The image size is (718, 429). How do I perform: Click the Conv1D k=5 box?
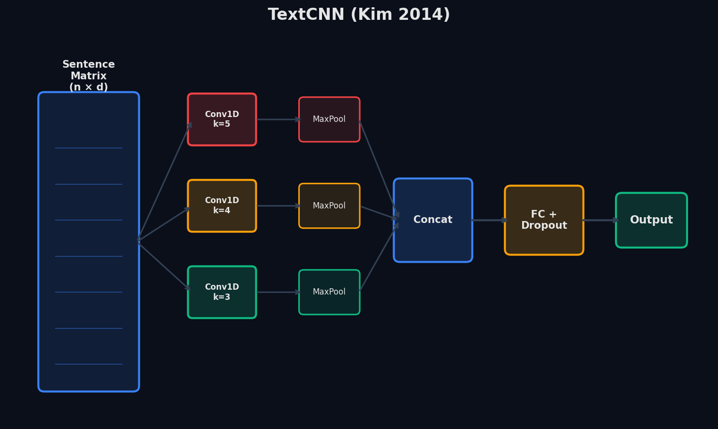click(222, 119)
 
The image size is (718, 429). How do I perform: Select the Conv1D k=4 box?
click(222, 206)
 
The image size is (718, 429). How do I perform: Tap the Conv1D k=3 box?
click(222, 292)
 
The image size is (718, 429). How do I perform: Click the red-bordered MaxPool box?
click(329, 119)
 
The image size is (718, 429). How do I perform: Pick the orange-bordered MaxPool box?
click(329, 206)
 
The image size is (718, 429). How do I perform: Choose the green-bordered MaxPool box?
click(329, 292)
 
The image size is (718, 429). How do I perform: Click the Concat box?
click(433, 220)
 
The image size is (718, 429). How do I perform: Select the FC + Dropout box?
click(544, 220)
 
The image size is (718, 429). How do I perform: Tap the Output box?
click(651, 220)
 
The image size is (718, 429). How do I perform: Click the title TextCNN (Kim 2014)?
click(359, 15)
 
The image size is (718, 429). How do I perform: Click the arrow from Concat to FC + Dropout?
click(489, 220)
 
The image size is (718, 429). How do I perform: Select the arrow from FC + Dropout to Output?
click(600, 220)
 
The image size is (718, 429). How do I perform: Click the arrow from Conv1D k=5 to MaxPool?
click(278, 119)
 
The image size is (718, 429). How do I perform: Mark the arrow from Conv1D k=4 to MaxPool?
click(278, 206)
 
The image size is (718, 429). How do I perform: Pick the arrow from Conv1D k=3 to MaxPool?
click(278, 292)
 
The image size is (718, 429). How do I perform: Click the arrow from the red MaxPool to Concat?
click(379, 169)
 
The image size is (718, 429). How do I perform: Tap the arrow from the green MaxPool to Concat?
click(379, 256)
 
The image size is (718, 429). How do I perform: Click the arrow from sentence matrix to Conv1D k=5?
click(164, 181)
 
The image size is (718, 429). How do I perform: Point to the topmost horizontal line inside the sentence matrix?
click(88, 148)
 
